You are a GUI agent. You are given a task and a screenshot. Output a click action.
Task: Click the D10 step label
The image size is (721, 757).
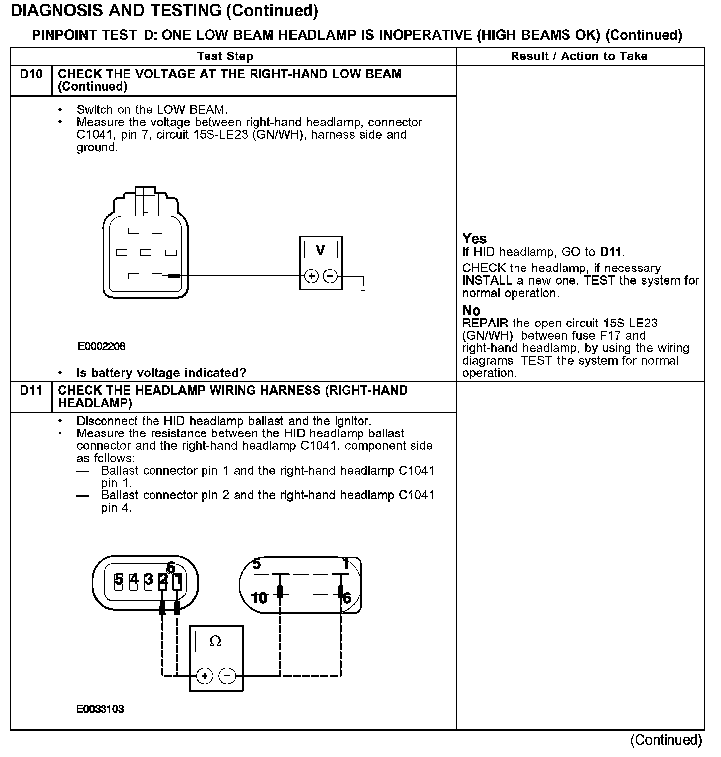coord(31,74)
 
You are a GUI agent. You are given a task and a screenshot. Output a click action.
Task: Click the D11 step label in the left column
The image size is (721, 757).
coord(31,391)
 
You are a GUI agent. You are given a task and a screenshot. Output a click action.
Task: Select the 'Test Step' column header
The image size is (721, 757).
coord(225,56)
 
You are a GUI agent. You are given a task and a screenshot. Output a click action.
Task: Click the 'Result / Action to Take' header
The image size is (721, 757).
coord(579,56)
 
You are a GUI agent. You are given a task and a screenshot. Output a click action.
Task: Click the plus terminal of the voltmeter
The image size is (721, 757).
coord(311,276)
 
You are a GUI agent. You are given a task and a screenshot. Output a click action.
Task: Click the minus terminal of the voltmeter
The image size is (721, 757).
coord(330,276)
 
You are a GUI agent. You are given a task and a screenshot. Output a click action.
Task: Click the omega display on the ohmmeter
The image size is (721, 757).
coord(215,642)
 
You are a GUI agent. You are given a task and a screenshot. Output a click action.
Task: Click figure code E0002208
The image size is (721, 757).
coord(102,346)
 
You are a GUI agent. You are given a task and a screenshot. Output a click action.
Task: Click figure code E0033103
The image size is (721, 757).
coord(100,709)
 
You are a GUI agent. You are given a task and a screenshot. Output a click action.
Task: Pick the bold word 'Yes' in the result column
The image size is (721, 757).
coord(474,239)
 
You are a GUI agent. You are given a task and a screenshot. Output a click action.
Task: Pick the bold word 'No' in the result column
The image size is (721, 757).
coord(471,311)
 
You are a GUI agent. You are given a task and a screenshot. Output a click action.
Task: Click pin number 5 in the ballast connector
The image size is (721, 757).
coord(119,579)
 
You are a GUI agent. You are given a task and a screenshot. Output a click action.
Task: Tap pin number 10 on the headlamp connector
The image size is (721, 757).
coord(259,598)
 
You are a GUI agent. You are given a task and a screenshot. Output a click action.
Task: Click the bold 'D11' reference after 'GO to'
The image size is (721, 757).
coord(611,252)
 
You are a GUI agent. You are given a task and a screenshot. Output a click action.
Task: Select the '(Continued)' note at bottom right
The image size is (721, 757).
coord(666,740)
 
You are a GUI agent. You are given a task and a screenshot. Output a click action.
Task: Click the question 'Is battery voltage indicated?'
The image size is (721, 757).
coord(161,373)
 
